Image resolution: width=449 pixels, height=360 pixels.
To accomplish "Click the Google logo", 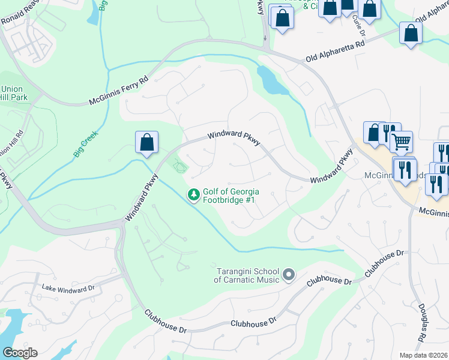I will point(19,353).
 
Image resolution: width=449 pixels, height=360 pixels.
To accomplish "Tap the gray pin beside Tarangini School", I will point(289,275).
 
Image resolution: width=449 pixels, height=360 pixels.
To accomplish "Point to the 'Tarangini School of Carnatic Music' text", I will point(247,275).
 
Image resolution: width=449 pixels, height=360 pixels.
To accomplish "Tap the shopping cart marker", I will point(402,142).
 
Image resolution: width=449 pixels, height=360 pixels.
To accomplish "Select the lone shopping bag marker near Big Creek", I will point(146,143).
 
